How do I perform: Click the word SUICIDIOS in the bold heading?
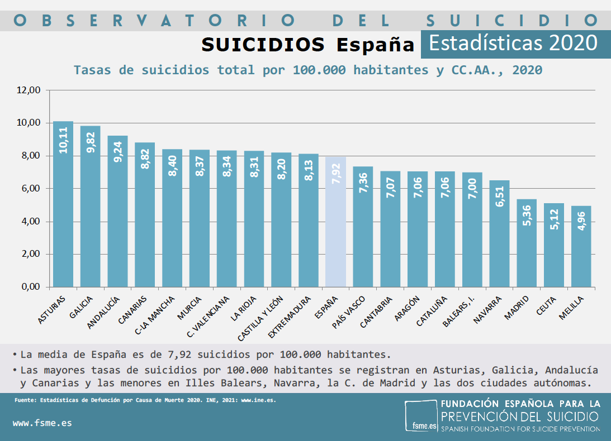click(x=263, y=45)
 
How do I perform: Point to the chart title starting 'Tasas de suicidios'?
click(x=308, y=70)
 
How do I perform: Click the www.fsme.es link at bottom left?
click(x=42, y=423)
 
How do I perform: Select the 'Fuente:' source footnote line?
click(x=144, y=400)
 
